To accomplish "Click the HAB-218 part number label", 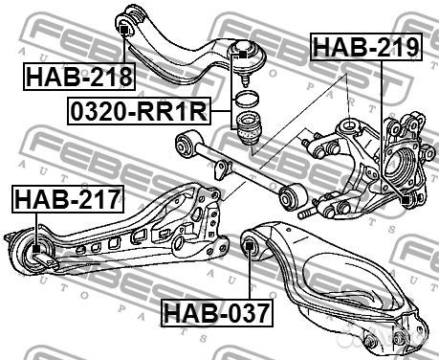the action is click(x=79, y=77).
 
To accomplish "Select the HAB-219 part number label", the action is click(x=366, y=47).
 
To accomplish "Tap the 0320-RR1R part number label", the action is click(x=139, y=111).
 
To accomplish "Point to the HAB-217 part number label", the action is click(x=68, y=198).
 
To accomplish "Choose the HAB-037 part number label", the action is click(x=217, y=313).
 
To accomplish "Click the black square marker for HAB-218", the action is click(x=124, y=31).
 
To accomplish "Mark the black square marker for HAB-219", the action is click(x=406, y=200).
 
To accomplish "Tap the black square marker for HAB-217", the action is click(x=36, y=248).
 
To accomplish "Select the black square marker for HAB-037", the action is click(x=250, y=246).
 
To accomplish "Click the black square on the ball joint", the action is click(x=243, y=55).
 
